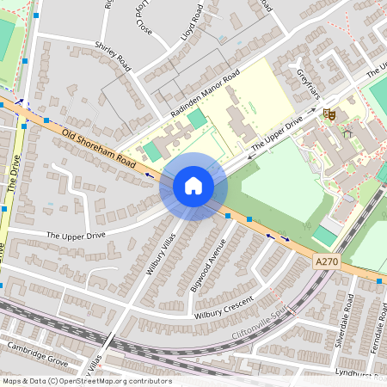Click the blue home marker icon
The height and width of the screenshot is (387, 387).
click(193, 186)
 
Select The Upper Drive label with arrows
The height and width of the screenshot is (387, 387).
click(275, 137)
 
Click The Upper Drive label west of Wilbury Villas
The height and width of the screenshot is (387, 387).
click(77, 235)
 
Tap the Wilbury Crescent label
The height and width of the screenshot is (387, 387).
click(224, 307)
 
